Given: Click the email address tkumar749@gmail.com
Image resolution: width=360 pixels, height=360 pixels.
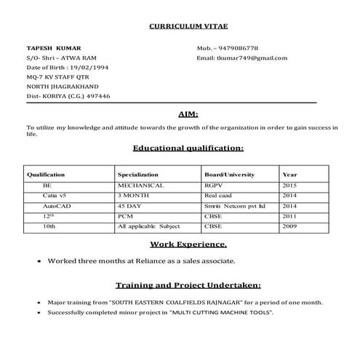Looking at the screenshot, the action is point(252,58).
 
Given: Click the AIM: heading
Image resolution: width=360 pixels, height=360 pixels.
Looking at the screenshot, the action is point(188,114).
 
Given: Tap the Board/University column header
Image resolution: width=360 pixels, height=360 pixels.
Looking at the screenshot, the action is point(229,175).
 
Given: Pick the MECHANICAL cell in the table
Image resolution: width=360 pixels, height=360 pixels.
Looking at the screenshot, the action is point(140,185).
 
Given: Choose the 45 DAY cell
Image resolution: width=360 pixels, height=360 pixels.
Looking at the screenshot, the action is point(129,206).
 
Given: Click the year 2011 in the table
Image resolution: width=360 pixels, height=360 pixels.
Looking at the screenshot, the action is point(289,216).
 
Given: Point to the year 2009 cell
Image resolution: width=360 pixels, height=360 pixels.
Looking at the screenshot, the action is point(289,226).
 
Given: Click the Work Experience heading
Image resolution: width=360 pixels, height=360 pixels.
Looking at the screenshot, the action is point(188,244).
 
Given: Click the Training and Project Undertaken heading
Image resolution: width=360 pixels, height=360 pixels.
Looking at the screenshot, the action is point(188,285).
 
